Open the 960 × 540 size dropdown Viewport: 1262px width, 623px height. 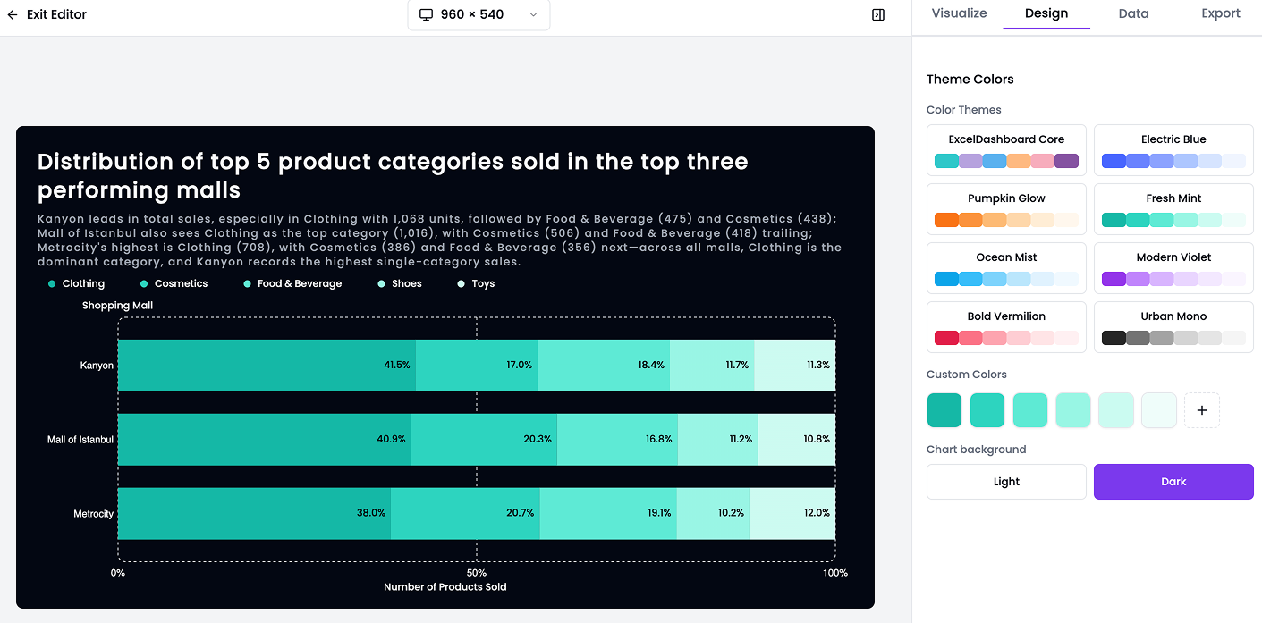(x=479, y=14)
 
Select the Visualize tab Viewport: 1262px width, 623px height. (x=959, y=13)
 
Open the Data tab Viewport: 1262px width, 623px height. (x=1133, y=13)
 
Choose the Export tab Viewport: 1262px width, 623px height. (x=1221, y=13)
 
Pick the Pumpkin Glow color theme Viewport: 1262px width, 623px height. (x=1006, y=208)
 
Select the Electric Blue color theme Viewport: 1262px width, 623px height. (x=1173, y=149)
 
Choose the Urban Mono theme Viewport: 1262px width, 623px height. (x=1173, y=326)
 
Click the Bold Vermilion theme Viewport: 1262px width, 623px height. (x=1006, y=326)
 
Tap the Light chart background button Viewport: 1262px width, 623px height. (x=1006, y=482)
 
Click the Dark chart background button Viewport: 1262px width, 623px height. (x=1173, y=482)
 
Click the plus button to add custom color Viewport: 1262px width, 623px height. (x=1201, y=410)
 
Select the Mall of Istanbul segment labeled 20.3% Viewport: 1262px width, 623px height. (x=484, y=440)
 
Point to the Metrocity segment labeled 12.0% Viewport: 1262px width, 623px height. (x=792, y=513)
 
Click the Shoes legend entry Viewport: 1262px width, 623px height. (x=405, y=283)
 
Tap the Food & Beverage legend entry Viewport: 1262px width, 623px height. (x=299, y=283)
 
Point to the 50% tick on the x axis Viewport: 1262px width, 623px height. (x=477, y=573)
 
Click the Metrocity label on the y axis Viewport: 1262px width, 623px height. (x=93, y=514)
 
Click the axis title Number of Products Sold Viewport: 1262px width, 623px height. (x=445, y=587)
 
